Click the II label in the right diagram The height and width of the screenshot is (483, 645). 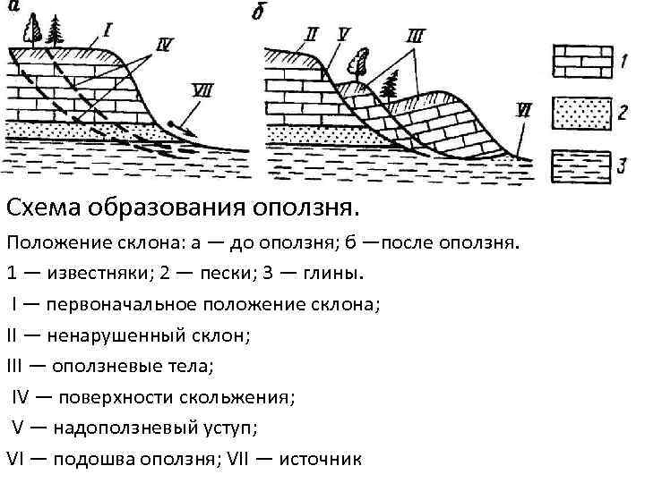(x=312, y=35)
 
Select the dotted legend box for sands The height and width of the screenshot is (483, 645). (x=581, y=111)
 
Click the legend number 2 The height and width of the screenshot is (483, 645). (x=621, y=112)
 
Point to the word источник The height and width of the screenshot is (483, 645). (x=321, y=459)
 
